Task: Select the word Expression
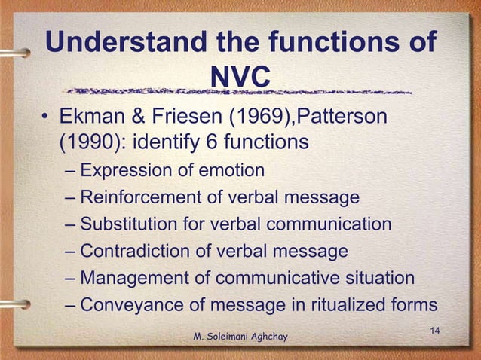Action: click(x=127, y=171)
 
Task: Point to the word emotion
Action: click(x=231, y=171)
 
